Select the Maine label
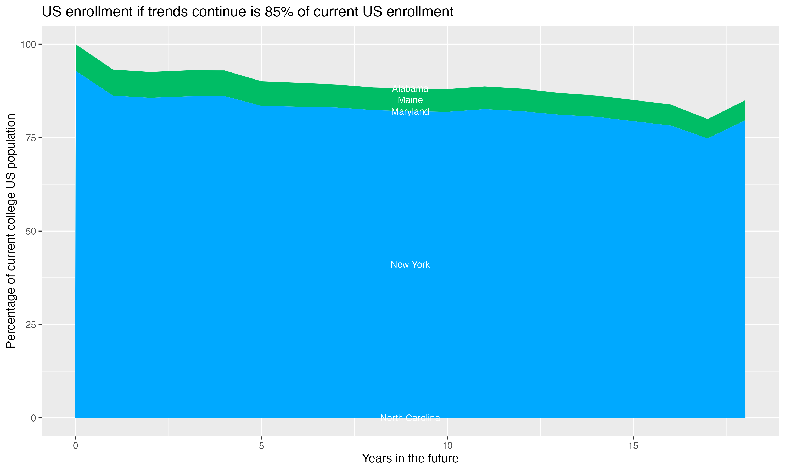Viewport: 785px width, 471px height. coord(410,100)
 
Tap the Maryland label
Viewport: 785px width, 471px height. coord(410,111)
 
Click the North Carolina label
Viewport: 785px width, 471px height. coord(410,418)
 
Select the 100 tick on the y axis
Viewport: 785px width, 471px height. coord(28,44)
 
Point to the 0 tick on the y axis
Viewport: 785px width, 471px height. coord(33,418)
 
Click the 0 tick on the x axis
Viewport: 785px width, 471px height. coord(76,446)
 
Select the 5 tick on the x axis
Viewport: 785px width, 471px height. coord(261,446)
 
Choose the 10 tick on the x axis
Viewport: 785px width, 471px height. coord(447,446)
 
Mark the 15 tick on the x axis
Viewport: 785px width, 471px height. coord(633,446)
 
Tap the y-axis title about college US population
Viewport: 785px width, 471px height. coord(11,231)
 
